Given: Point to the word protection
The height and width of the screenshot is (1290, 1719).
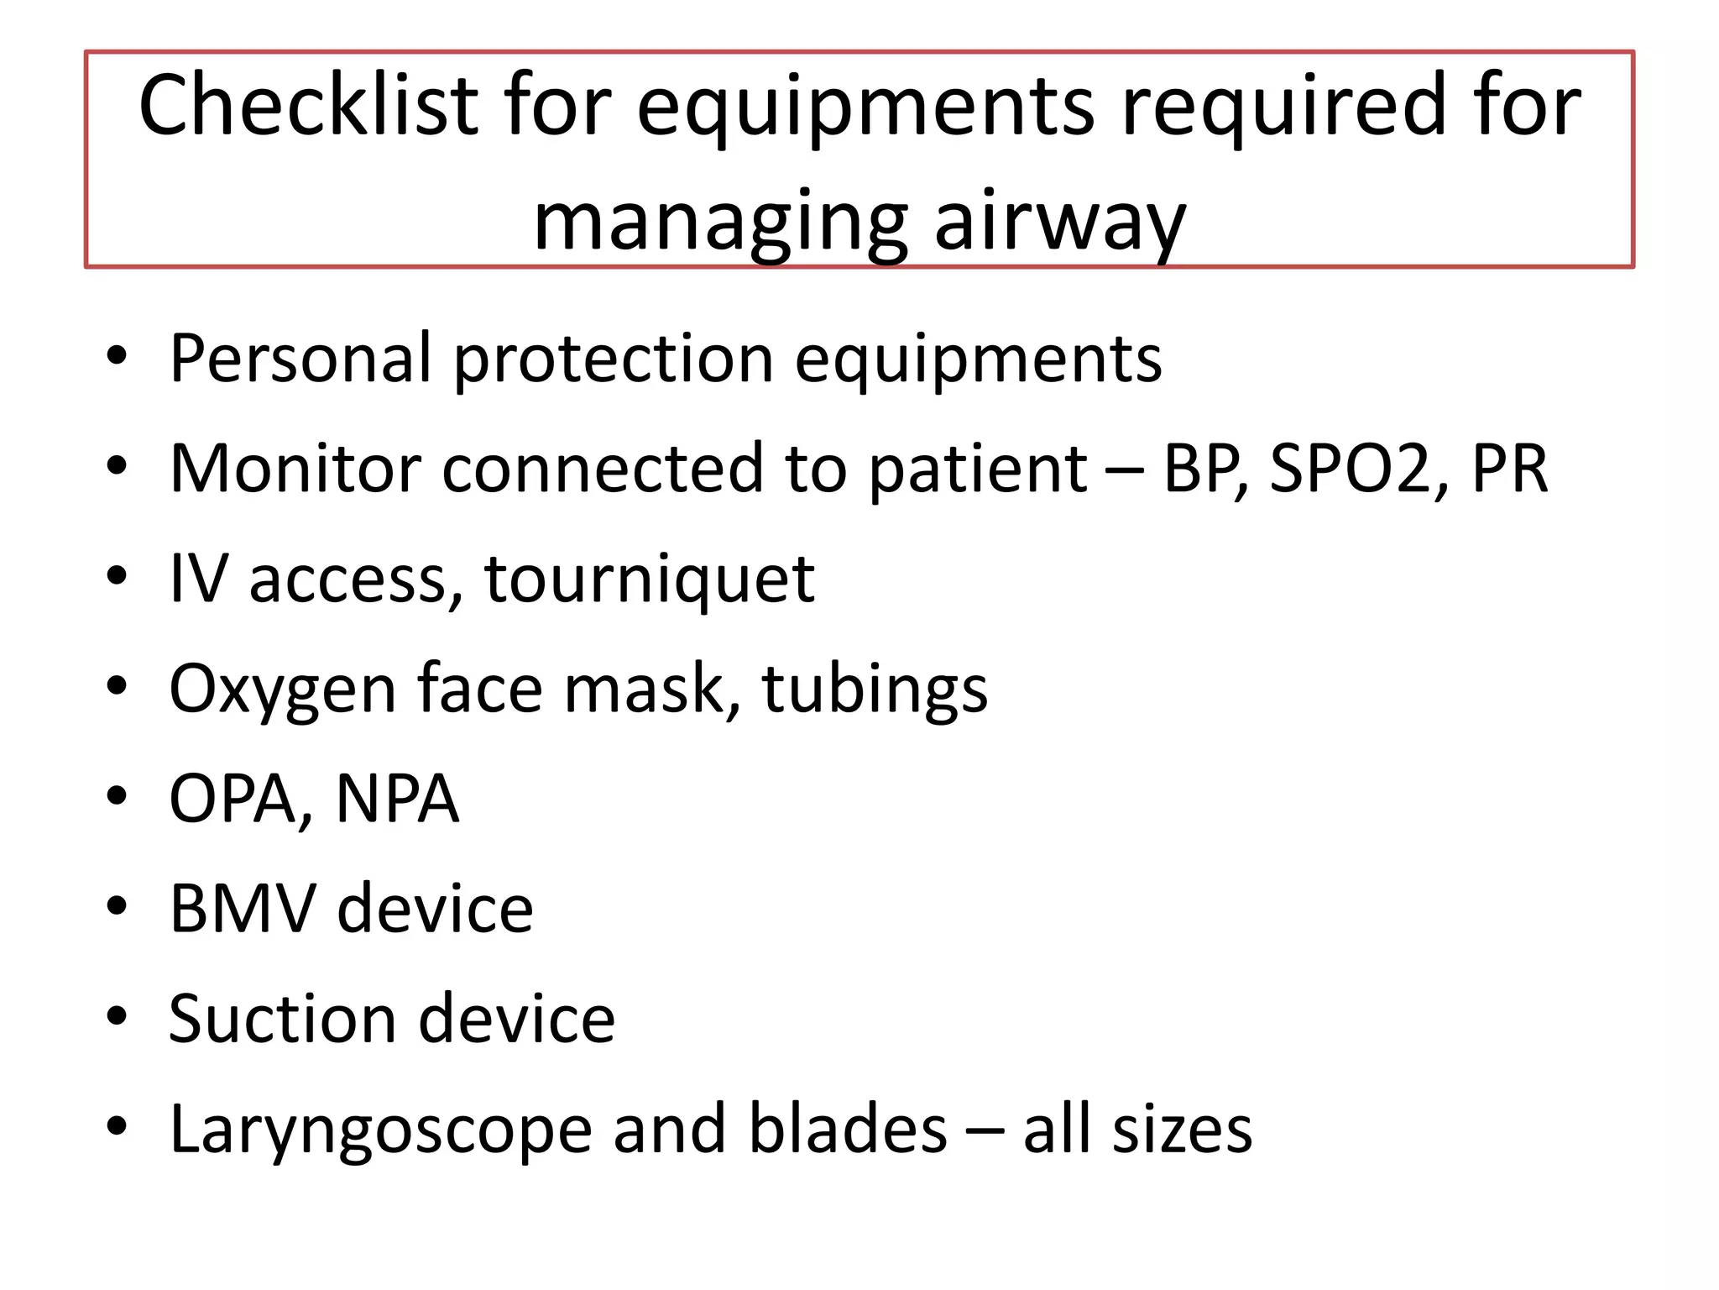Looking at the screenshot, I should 614,360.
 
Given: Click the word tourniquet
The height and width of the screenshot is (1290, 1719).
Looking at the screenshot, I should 649,579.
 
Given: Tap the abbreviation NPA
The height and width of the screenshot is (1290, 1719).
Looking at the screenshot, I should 397,799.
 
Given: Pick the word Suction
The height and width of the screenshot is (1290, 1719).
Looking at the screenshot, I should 283,1019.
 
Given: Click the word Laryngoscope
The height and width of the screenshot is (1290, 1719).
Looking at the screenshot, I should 381,1130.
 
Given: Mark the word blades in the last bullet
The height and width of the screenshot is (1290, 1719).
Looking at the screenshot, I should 848,1129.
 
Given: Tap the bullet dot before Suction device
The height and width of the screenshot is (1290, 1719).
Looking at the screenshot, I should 118,1016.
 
